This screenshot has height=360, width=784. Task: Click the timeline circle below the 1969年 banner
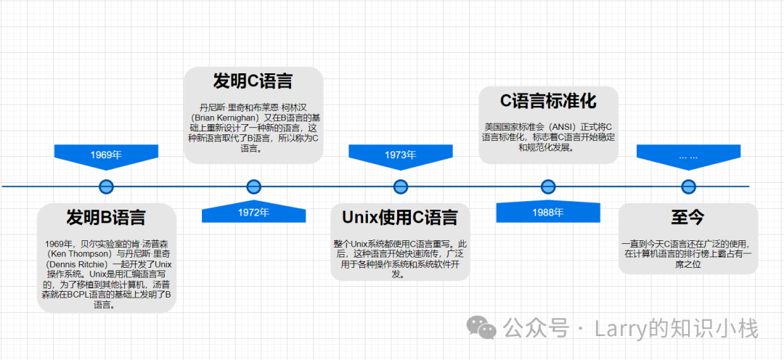pyautogui.click(x=106, y=187)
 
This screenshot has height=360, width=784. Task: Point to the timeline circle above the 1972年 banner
pyautogui.click(x=254, y=187)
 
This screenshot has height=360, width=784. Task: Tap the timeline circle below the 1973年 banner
pyautogui.click(x=401, y=187)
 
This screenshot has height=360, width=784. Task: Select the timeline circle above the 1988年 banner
pyautogui.click(x=549, y=187)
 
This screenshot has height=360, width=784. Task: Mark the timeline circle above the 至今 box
pyautogui.click(x=689, y=187)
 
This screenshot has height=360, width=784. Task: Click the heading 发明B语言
pyautogui.click(x=106, y=218)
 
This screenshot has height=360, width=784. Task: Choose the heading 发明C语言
pyautogui.click(x=253, y=81)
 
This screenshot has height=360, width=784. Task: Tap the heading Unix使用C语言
pyautogui.click(x=400, y=218)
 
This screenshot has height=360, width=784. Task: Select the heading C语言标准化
pyautogui.click(x=549, y=101)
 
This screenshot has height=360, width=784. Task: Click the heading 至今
pyautogui.click(x=688, y=218)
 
